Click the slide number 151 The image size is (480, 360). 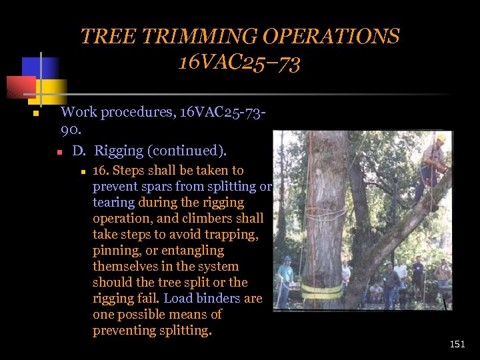[457, 345]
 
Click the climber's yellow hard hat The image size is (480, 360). [440, 139]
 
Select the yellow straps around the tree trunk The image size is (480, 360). [322, 291]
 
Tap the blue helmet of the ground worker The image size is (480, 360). [287, 259]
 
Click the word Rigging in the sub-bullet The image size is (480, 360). [122, 151]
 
